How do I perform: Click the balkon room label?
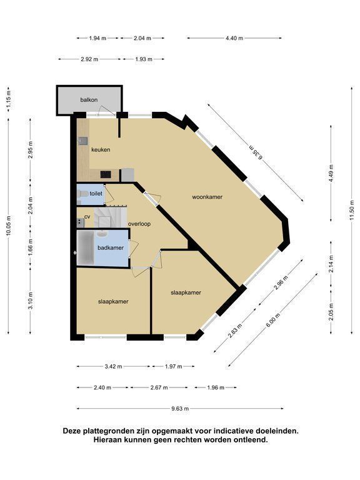[x=89, y=100]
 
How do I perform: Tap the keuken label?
[x=101, y=150]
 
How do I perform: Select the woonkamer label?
[x=207, y=197]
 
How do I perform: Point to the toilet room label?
[x=96, y=194]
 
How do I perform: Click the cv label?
[x=87, y=217]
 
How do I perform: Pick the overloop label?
[x=139, y=224]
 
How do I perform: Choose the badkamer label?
[x=111, y=247]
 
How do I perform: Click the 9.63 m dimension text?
[x=180, y=408]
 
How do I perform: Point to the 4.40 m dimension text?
[x=234, y=38]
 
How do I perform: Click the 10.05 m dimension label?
[x=9, y=225]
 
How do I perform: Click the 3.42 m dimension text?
[x=113, y=366]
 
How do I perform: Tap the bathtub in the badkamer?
[x=86, y=247]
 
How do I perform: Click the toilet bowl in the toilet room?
[x=82, y=194]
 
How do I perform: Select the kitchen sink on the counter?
[x=82, y=141]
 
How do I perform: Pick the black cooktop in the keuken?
[x=106, y=174]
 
